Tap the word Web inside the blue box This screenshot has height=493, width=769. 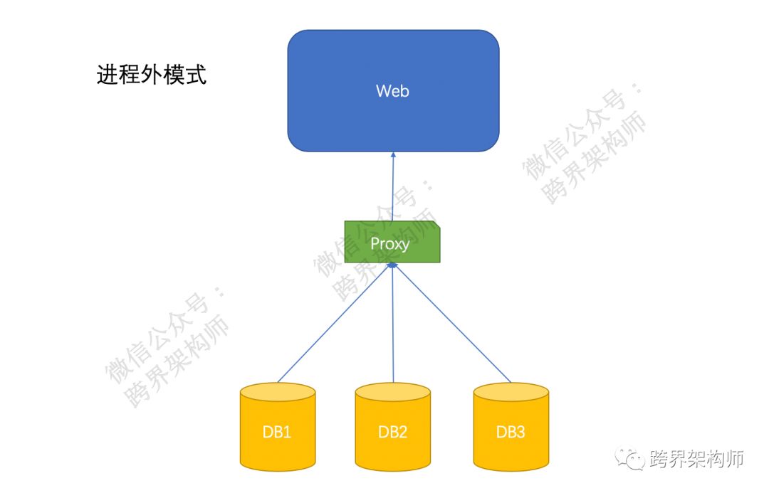[x=393, y=91]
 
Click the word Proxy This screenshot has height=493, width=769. [x=390, y=243]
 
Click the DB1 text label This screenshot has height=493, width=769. [x=278, y=432]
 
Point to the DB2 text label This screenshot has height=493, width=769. [x=393, y=432]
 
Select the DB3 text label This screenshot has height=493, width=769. [x=511, y=432]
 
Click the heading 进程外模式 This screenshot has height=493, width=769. [x=151, y=74]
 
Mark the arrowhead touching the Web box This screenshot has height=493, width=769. [x=393, y=155]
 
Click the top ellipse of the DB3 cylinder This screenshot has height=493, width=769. [x=511, y=392]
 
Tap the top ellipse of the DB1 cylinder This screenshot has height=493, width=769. [x=278, y=392]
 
